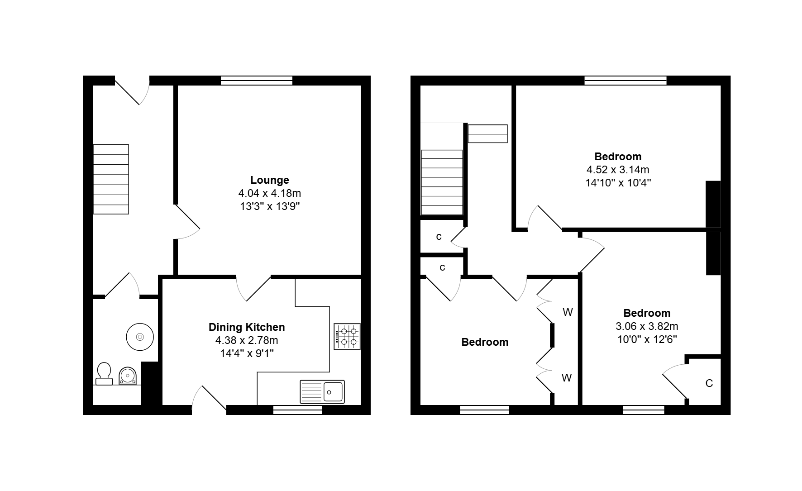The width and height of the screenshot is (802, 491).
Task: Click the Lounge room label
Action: pos(270,180)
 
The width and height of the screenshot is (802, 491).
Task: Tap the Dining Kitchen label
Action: pos(247,327)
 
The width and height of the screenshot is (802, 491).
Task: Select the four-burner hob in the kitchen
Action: pos(347,337)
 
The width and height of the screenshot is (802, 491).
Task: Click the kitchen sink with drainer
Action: pos(322,391)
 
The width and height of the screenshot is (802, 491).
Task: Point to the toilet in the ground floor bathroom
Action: pos(104,374)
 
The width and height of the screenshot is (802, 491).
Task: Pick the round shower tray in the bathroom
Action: pos(140,337)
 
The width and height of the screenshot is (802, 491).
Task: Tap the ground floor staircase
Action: pos(111,179)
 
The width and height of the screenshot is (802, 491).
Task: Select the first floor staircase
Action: pos(442,182)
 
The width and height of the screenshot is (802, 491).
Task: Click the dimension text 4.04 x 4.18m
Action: pos(270,193)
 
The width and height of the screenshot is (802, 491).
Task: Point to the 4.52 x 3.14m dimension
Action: pos(618,170)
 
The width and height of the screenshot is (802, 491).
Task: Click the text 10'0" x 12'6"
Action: pos(647,339)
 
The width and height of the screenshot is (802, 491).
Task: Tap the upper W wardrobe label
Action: pos(568,312)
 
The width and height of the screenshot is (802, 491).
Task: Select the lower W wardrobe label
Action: pos(567,378)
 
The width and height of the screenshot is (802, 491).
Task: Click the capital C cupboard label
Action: pos(709,383)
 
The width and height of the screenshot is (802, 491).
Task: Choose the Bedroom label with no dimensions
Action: pos(485,342)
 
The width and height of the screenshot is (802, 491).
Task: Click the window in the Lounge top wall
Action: pos(257,81)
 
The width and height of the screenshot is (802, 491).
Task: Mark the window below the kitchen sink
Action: pos(298,410)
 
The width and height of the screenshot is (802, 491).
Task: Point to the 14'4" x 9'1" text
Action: pos(247,353)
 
